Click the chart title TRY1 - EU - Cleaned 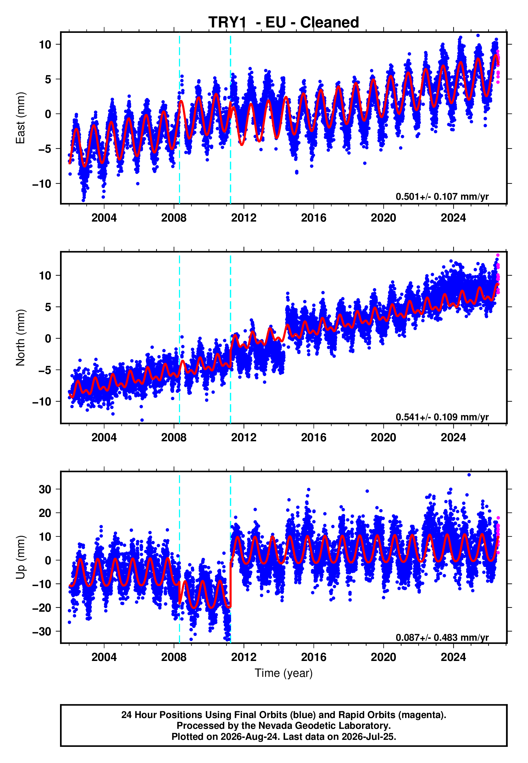pos(284,23)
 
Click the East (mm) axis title pos(20,118)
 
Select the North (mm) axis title pos(20,338)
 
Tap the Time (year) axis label pos(284,673)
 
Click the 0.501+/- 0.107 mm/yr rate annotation pos(442,197)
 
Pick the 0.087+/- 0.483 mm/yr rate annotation pos(442,637)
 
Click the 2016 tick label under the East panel pos(313,218)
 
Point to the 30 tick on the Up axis pos(45,489)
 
